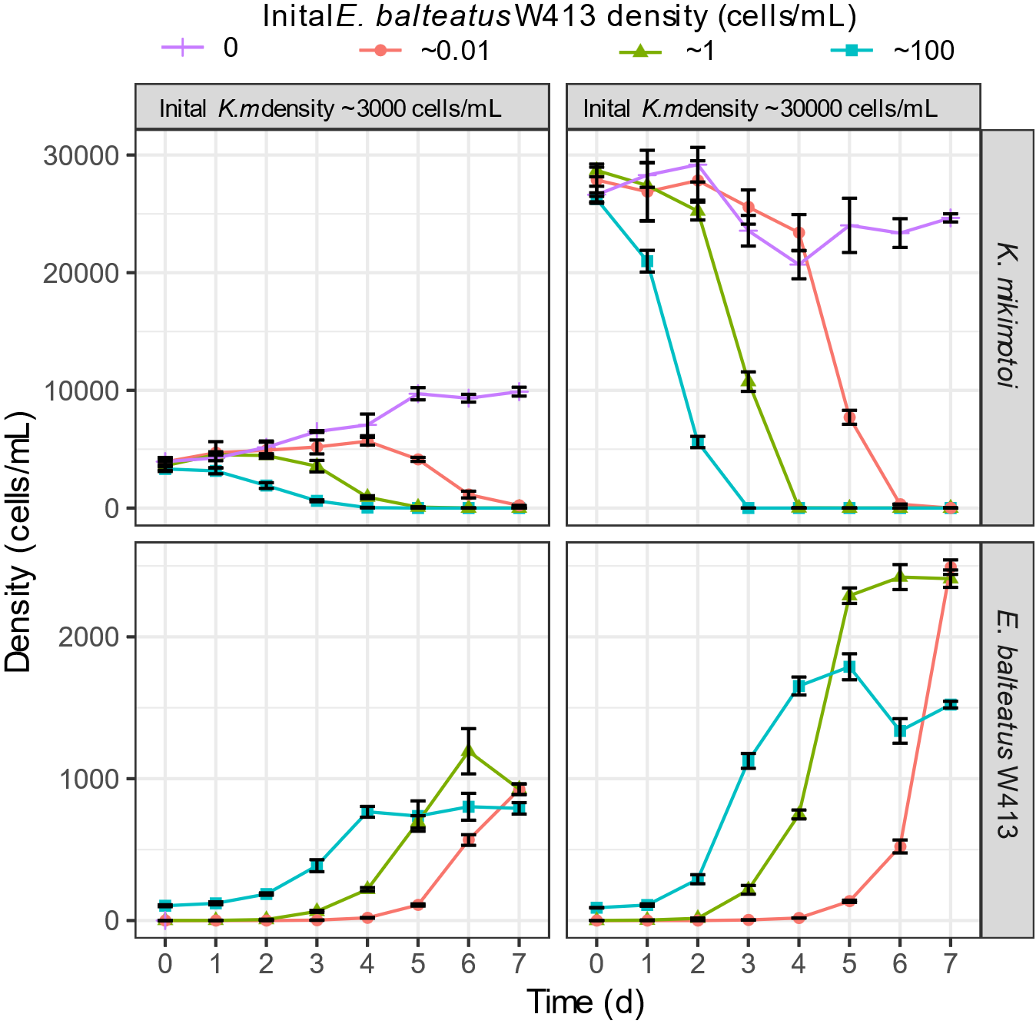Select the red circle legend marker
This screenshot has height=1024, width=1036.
380,50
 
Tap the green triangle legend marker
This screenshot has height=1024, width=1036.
639,52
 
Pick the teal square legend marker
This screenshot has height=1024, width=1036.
852,51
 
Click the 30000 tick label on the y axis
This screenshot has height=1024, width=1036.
81,156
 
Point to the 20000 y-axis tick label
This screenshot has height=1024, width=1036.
81,274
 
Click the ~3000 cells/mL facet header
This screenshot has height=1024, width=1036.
342,108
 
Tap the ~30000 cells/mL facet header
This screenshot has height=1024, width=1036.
773,108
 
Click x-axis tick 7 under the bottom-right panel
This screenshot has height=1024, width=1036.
951,963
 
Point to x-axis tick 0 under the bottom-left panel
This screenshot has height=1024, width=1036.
165,963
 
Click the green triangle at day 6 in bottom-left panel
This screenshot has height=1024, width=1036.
469,750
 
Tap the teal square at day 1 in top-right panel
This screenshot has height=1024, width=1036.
647,262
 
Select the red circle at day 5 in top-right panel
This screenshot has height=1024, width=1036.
849,417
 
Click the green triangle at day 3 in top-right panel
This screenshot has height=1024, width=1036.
749,381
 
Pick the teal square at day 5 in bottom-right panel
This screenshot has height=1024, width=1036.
849,667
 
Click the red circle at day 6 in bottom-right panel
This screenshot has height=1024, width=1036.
900,846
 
